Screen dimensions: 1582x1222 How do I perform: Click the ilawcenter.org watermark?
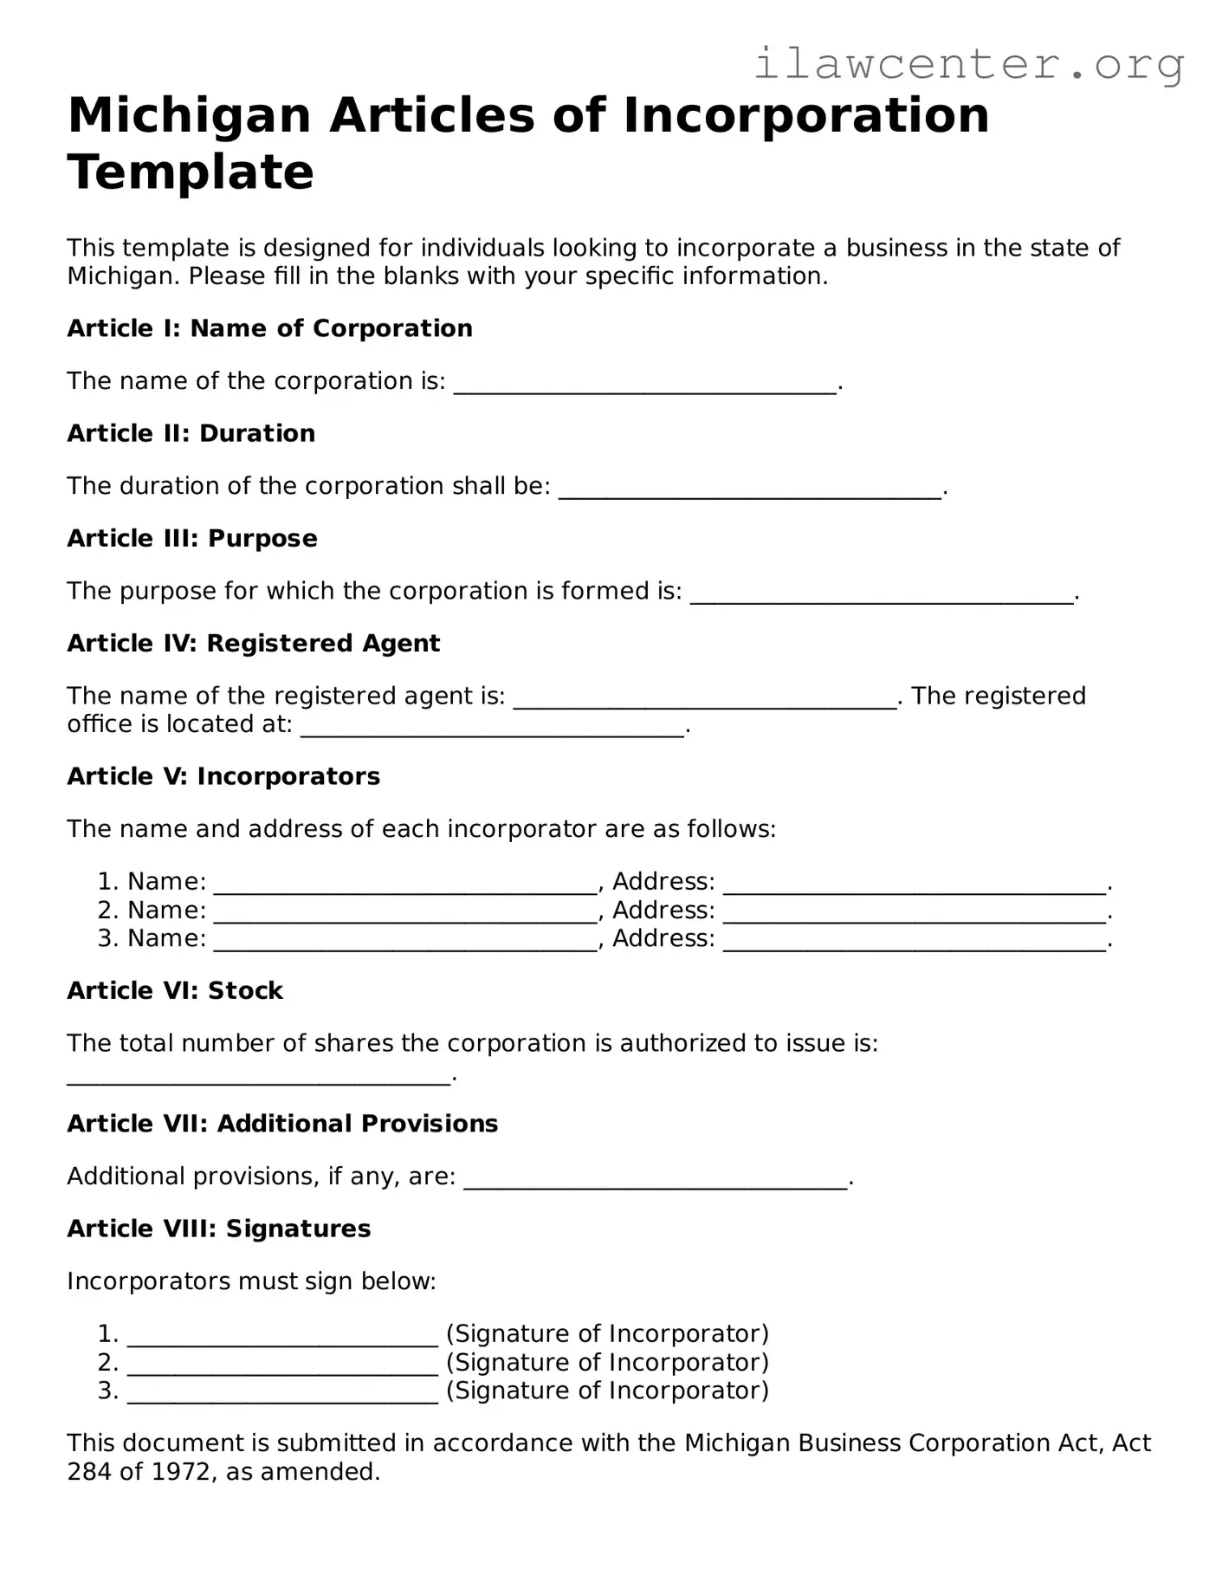(968, 64)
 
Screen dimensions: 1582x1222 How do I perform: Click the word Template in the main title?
(191, 172)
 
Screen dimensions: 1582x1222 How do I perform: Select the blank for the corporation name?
(645, 385)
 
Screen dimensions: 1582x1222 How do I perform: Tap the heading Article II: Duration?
(191, 433)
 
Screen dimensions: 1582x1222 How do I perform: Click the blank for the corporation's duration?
(750, 490)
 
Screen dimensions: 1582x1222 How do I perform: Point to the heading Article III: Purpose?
(192, 538)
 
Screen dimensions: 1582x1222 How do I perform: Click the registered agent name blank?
(705, 699)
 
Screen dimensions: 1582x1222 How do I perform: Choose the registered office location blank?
(492, 728)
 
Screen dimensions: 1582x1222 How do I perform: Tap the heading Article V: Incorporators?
(223, 776)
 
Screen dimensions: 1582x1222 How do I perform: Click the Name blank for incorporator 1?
(405, 885)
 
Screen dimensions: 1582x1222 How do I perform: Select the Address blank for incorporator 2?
(915, 913)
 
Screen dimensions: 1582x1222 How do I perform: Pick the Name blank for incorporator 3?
(405, 942)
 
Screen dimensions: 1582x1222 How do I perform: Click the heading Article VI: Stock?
(175, 990)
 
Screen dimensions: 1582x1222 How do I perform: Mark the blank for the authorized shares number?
(259, 1076)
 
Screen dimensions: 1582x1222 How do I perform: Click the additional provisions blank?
(656, 1180)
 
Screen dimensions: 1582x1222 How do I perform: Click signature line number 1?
(282, 1337)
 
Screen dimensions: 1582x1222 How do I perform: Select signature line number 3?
(282, 1394)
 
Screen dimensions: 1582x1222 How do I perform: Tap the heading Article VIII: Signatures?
(219, 1229)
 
